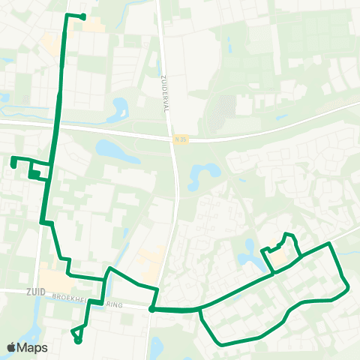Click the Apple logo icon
(x=11, y=347)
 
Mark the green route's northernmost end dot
(x=82, y=16)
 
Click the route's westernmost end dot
(x=13, y=159)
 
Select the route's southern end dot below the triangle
(x=78, y=340)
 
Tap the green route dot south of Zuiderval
(x=151, y=308)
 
